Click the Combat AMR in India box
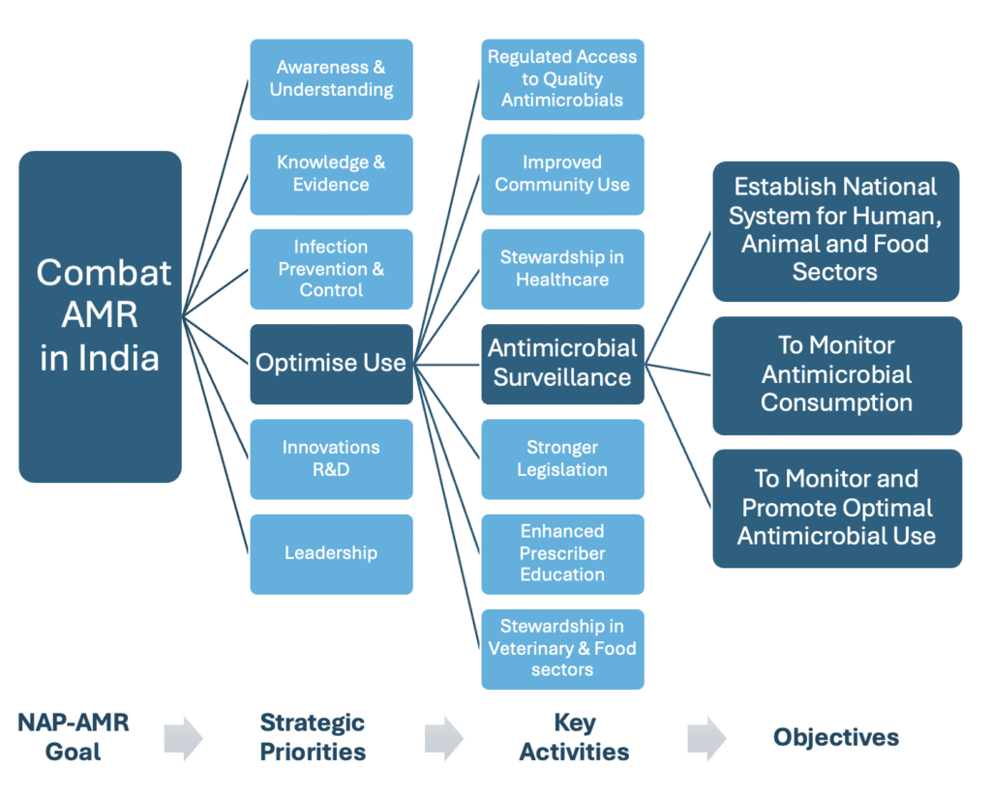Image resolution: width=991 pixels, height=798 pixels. point(100,316)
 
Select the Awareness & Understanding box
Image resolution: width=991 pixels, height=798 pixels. point(331,79)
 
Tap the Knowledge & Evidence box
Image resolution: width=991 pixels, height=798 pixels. point(331,173)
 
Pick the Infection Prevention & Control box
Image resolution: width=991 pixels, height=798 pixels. point(331,268)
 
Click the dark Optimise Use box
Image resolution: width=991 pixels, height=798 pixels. point(331,364)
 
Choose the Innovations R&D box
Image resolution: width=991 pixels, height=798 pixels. point(331,458)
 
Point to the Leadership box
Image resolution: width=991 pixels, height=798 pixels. point(331,553)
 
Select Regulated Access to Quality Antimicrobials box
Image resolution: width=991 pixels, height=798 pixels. point(562,79)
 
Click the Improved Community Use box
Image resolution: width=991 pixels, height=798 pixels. point(562,173)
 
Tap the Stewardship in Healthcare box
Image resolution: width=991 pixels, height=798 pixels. point(562,268)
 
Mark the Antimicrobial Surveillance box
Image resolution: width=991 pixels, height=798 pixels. point(562,364)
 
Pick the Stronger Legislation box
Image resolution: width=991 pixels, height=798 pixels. point(562,458)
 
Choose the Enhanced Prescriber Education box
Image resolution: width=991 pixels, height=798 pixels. point(562,553)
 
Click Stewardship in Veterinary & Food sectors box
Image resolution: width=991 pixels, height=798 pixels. point(562,648)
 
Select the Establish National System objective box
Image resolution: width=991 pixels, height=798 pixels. point(835,230)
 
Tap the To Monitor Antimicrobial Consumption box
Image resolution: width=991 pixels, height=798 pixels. point(837,374)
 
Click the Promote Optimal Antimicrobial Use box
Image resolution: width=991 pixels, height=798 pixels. point(837,508)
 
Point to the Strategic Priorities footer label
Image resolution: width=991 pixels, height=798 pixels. point(313,737)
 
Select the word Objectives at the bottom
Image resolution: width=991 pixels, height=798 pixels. point(836,737)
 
